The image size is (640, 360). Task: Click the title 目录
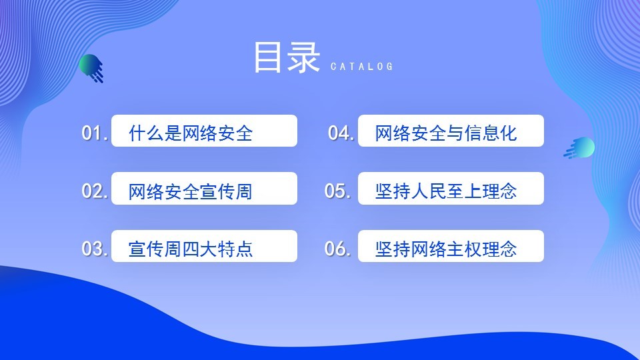(287, 57)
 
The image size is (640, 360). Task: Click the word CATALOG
(361, 67)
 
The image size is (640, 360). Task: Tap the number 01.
(95, 133)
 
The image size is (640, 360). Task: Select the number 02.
(95, 191)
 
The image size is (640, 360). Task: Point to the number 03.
(95, 249)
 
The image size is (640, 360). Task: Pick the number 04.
(341, 133)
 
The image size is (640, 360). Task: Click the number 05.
(337, 191)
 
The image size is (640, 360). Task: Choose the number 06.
(337, 249)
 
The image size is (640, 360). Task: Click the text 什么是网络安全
(191, 133)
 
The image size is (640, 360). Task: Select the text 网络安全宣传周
(191, 191)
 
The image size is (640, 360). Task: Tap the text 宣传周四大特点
(191, 249)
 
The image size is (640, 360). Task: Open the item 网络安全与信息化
(446, 133)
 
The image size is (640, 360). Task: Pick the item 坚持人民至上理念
(446, 191)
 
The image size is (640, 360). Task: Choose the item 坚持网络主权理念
(446, 249)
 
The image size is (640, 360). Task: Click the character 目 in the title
(267, 57)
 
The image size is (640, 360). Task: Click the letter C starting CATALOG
(333, 67)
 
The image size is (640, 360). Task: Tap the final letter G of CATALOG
(390, 67)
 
